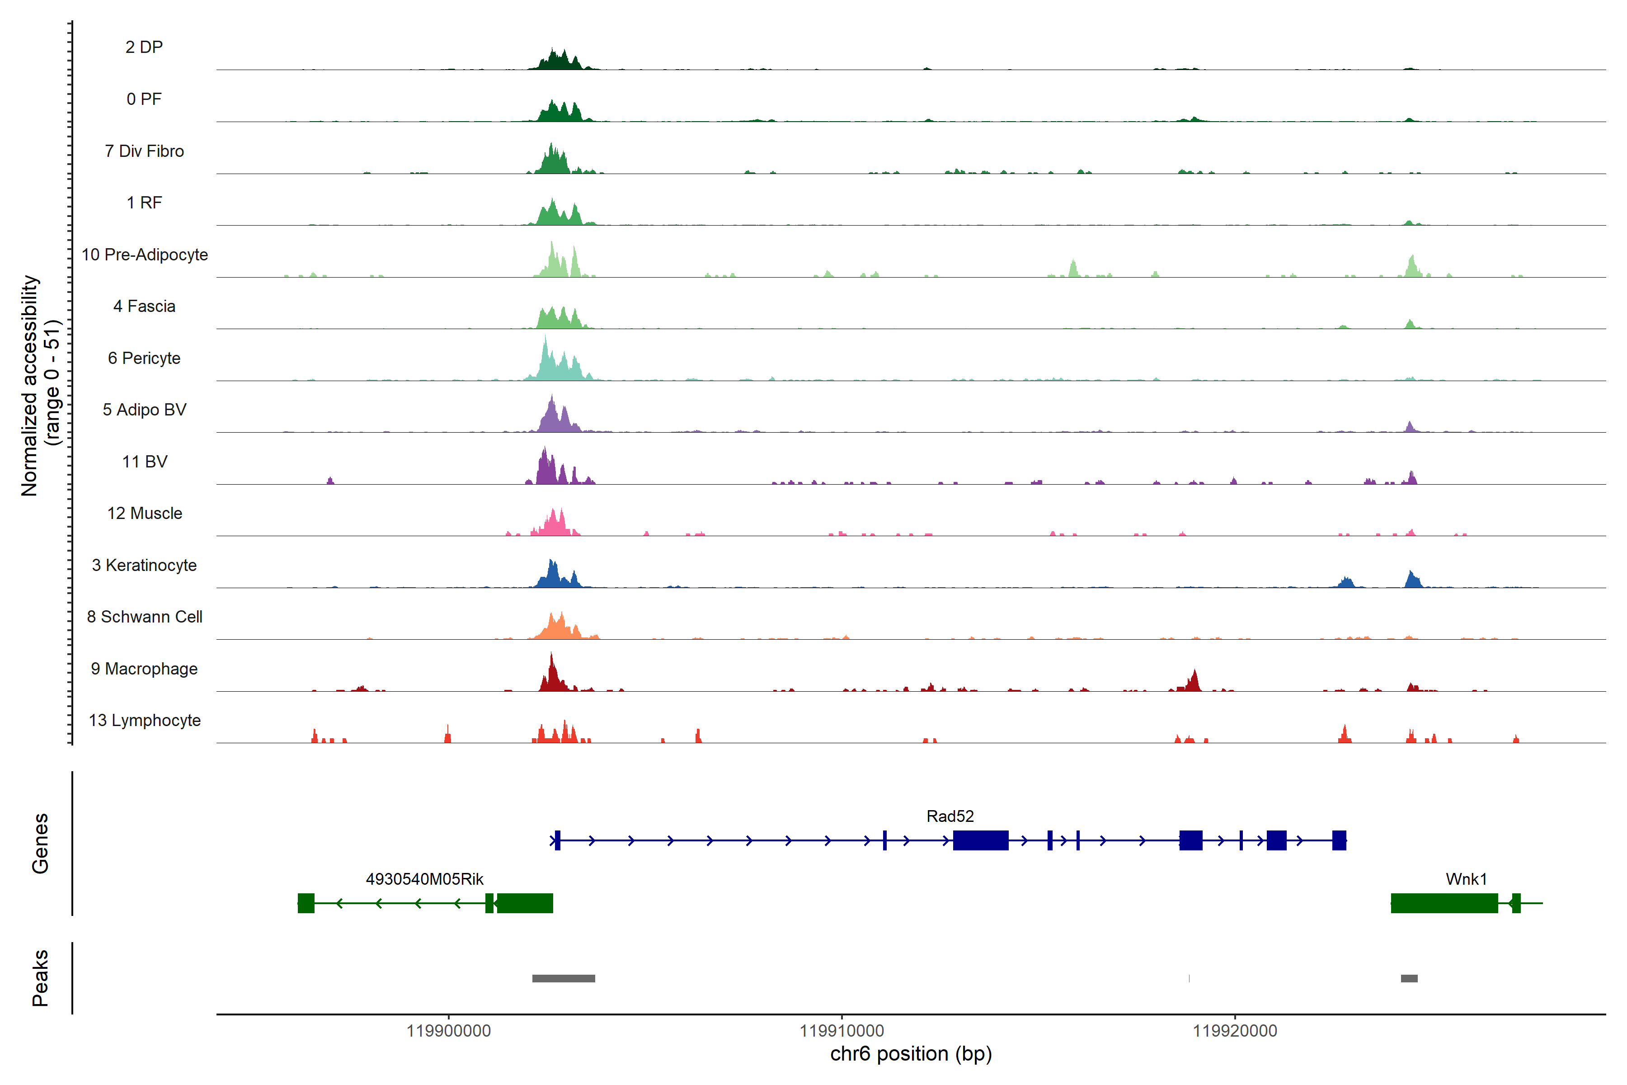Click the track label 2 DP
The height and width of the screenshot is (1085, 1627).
click(x=144, y=47)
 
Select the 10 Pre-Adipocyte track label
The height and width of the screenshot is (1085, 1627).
click(x=145, y=255)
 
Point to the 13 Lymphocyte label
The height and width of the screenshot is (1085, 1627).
click(x=145, y=720)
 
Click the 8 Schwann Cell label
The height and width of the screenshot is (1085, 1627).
click(x=145, y=617)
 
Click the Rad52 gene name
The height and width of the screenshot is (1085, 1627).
click(x=950, y=816)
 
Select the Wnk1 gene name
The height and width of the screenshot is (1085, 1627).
click(x=1466, y=879)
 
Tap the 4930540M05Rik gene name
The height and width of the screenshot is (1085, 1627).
click(x=424, y=879)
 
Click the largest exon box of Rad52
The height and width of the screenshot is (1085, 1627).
click(x=980, y=840)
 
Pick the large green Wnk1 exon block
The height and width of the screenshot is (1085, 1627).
click(x=1444, y=903)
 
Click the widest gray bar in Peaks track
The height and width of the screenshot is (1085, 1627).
click(x=563, y=978)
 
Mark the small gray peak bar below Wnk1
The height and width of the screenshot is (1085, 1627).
click(x=1409, y=978)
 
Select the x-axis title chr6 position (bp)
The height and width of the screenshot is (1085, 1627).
click(x=910, y=1054)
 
